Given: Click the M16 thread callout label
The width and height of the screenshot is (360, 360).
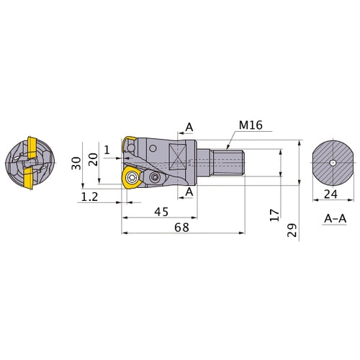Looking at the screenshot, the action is click(251, 125).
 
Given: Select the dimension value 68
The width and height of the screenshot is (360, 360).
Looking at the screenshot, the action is click(181, 228).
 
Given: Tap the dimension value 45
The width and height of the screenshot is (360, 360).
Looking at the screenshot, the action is click(161, 212).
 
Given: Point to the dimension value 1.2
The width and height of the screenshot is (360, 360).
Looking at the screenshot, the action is click(90, 197).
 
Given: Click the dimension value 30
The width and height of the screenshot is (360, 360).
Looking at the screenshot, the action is click(76, 163).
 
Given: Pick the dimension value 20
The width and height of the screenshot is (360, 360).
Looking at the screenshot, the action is click(93, 159).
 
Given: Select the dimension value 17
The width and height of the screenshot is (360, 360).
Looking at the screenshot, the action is click(275, 215).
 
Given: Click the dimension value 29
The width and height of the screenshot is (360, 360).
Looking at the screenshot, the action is click(292, 230).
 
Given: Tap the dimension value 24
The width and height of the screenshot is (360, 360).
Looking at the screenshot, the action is click(330, 194).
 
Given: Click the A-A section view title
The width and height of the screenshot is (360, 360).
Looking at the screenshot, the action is click(336, 218).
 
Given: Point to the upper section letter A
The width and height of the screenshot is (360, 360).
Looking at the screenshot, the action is click(189, 127).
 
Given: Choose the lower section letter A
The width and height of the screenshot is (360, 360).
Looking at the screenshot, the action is click(189, 192).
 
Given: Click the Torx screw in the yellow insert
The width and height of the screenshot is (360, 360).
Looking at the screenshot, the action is click(132, 178).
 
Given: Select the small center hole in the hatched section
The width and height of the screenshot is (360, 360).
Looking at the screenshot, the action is click(333, 163).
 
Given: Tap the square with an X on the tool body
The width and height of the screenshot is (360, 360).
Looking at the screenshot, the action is click(177, 156).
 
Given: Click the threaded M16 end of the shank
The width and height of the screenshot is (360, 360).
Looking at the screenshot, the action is click(228, 163).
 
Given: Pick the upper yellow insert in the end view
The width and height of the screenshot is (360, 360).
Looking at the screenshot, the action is click(32, 148).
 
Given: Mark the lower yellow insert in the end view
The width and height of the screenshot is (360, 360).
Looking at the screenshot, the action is click(29, 178).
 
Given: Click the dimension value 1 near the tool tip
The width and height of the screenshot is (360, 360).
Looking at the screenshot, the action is click(107, 150).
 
